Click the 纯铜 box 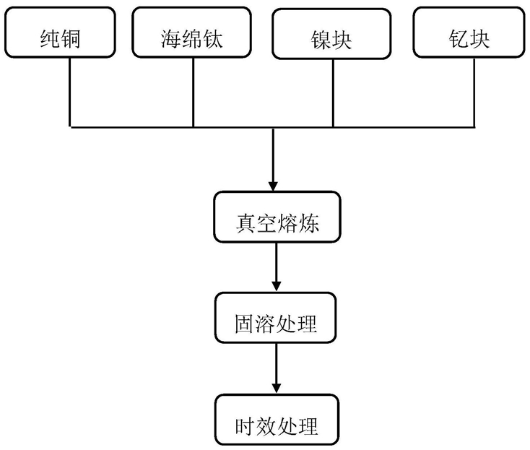point(60,33)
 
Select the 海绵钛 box point(191,33)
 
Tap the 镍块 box point(331,34)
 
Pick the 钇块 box point(469,33)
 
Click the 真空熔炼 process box point(277,217)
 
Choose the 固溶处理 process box point(276,318)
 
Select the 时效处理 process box point(277,420)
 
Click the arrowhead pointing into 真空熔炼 point(273,186)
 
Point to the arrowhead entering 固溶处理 point(277,287)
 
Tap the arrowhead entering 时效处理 point(277,389)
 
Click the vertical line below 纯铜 point(70,92)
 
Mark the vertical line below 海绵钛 point(193,92)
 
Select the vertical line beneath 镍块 point(333,93)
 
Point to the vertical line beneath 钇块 point(474,92)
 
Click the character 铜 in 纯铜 point(70,39)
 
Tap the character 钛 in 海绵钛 point(212,39)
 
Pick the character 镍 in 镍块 point(321,40)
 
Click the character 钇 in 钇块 point(459,39)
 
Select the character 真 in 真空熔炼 point(246,223)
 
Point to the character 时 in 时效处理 point(245,426)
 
